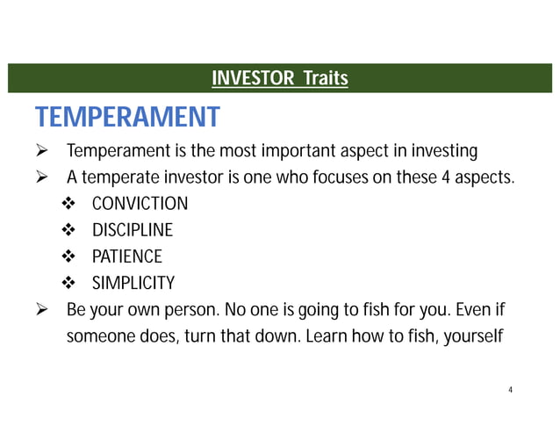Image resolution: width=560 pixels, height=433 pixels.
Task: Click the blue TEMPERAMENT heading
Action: click(126, 117)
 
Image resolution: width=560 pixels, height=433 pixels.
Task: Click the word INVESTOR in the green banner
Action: click(254, 80)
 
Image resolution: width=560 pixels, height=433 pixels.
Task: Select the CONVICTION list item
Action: click(140, 204)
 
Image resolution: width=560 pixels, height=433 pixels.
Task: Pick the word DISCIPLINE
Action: click(133, 230)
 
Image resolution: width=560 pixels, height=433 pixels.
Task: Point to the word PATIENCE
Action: click(127, 256)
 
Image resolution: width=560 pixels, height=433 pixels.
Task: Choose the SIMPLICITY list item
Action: click(133, 283)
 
